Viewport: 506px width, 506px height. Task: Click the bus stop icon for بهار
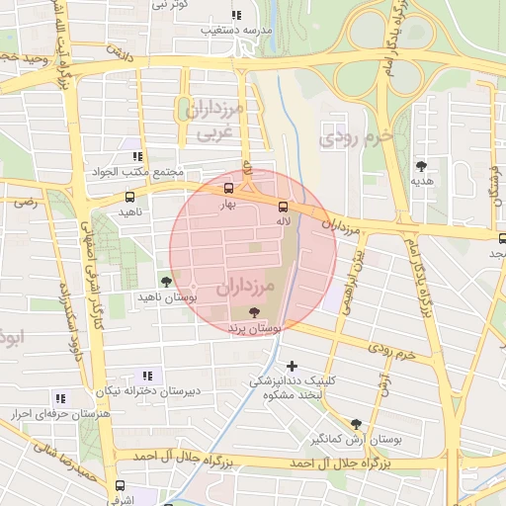click(228, 189)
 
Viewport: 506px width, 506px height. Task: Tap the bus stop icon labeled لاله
click(283, 207)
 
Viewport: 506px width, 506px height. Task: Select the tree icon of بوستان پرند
click(255, 311)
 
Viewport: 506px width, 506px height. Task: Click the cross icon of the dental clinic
click(292, 367)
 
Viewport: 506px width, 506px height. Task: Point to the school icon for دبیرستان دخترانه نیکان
click(147, 376)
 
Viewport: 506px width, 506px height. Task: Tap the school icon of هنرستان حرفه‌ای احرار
click(60, 398)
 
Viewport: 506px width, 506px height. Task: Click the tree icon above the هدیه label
click(422, 166)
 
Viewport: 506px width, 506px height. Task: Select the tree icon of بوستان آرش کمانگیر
click(356, 424)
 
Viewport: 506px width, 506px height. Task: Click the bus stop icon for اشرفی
click(120, 485)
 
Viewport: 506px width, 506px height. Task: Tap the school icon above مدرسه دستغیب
click(235, 15)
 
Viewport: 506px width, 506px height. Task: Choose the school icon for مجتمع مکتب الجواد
click(136, 156)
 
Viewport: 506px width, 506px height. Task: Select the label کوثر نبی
click(169, 5)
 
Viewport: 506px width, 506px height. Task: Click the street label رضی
click(25, 202)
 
